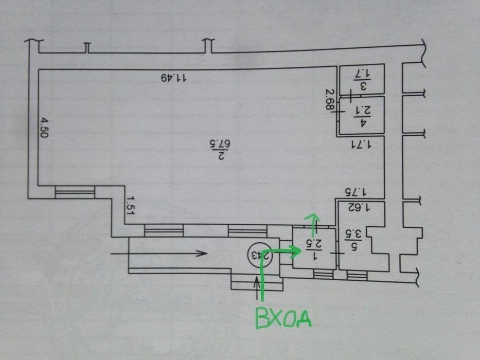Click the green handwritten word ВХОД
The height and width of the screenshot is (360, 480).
point(283,318)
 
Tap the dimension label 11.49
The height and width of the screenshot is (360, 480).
point(173,78)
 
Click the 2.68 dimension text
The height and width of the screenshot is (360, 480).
point(329,99)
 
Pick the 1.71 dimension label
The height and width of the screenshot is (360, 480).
point(361,144)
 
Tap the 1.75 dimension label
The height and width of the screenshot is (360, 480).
point(355,192)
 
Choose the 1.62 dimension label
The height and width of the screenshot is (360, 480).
point(359,207)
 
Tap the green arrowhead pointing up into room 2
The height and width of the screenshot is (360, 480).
point(312,218)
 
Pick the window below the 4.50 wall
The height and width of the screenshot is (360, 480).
point(75,192)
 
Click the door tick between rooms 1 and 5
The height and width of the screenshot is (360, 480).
point(337,253)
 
